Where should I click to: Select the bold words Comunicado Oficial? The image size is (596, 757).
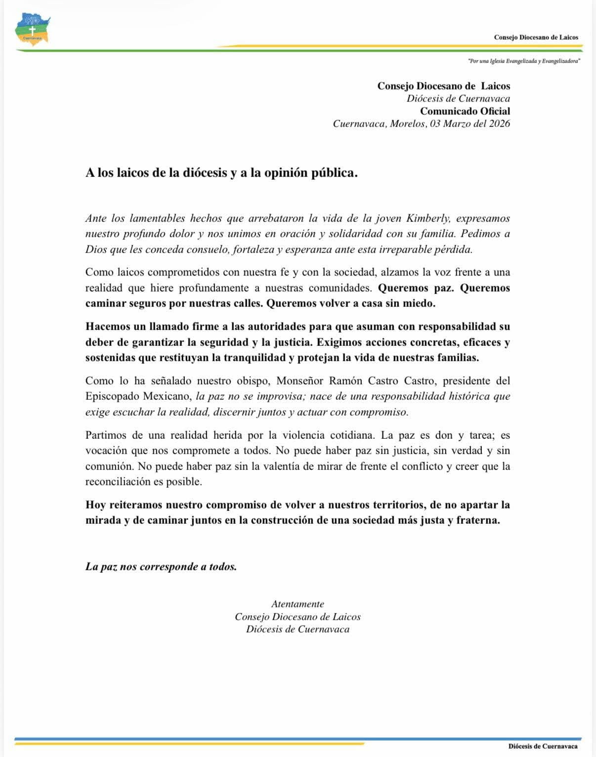click(x=465, y=111)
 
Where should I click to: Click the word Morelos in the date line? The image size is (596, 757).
click(x=408, y=124)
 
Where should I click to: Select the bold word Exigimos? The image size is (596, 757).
click(x=337, y=342)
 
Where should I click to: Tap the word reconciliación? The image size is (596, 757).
click(x=116, y=481)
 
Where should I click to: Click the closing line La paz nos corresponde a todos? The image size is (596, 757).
click(x=161, y=566)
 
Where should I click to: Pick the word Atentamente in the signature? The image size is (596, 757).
click(x=298, y=604)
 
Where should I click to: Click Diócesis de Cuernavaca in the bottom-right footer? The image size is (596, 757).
click(x=543, y=746)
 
